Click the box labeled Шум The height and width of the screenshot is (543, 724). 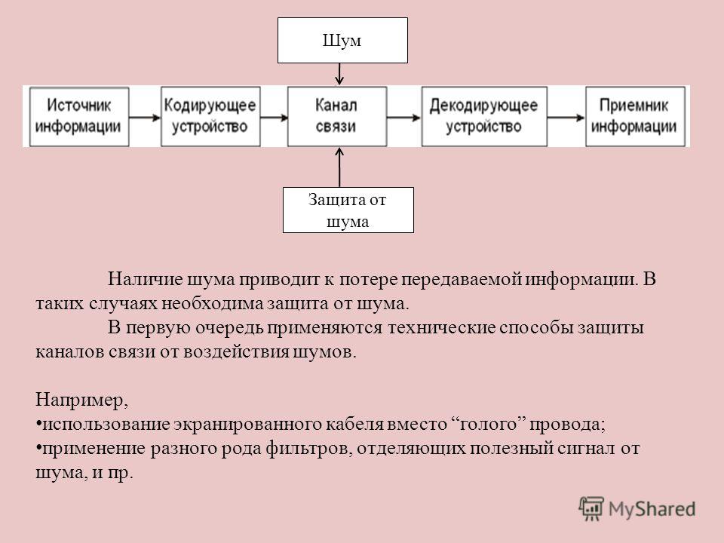click(x=342, y=40)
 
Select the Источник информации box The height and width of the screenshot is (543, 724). click(x=79, y=117)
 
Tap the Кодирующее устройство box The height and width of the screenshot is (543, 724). click(x=210, y=116)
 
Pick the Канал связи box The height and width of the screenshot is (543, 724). click(x=337, y=116)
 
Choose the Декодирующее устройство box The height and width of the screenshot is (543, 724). click(x=484, y=116)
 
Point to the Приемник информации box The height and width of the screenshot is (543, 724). click(x=635, y=116)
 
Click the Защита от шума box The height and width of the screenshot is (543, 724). click(x=348, y=210)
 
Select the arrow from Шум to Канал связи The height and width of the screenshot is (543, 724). click(x=339, y=75)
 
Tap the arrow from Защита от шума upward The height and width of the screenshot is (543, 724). click(x=339, y=167)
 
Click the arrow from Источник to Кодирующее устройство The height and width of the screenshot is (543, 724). click(x=145, y=118)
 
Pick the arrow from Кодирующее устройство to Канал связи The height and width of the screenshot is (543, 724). click(x=275, y=118)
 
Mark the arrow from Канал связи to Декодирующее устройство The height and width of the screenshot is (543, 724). click(x=404, y=118)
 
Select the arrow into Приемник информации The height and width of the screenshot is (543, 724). click(x=566, y=118)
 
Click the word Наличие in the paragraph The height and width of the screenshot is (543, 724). click(x=145, y=279)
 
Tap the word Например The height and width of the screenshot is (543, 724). click(x=81, y=400)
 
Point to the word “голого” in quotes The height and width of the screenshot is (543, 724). click(x=488, y=424)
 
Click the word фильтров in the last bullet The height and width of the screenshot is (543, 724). click(x=309, y=448)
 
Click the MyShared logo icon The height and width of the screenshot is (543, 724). click(x=591, y=509)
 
